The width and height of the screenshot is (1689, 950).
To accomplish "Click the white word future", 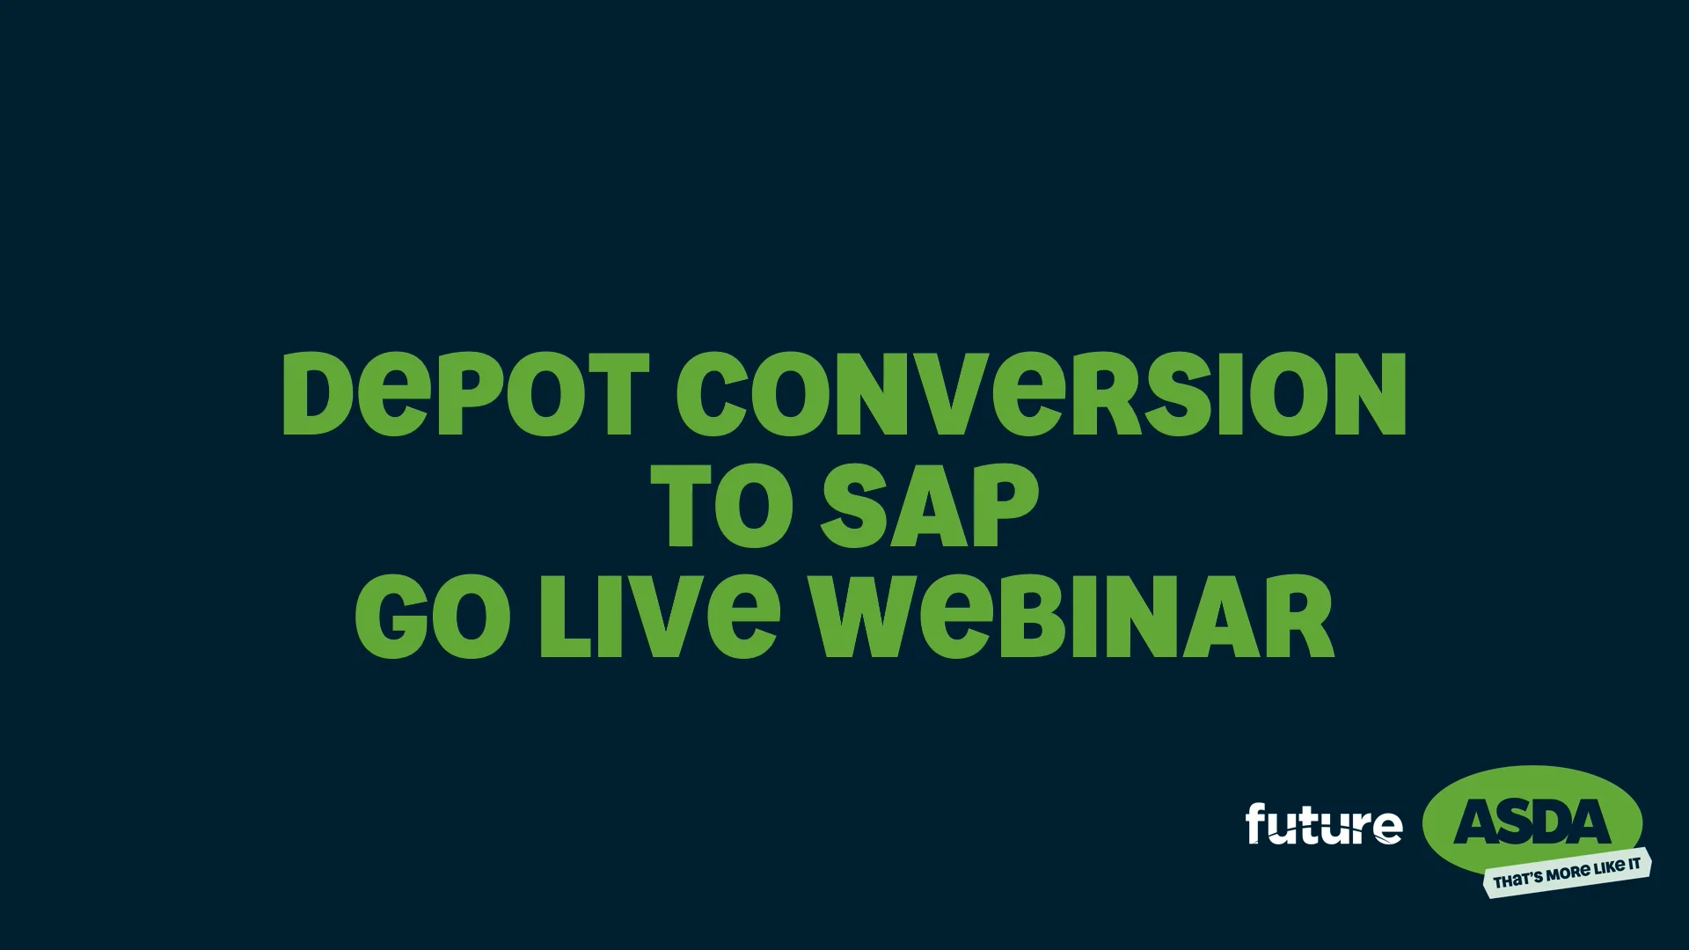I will coord(1324,825).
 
